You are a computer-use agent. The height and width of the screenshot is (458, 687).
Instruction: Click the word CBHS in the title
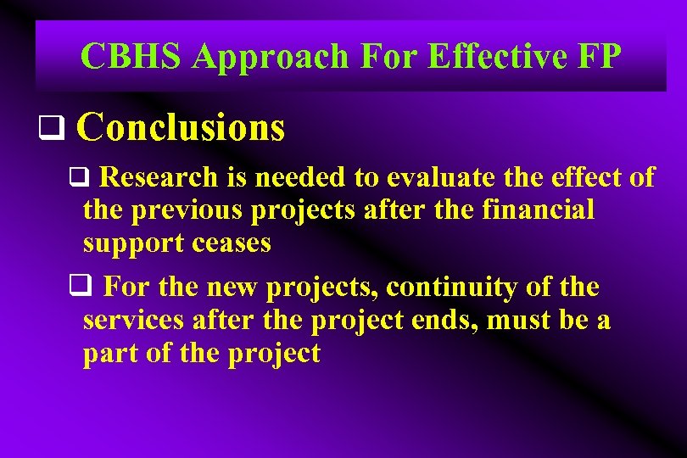[131, 57]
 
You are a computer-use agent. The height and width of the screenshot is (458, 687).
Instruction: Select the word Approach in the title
[270, 57]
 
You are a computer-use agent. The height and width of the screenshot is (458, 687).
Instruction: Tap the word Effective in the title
[470, 57]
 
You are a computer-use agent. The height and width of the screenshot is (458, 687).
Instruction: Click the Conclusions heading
[181, 127]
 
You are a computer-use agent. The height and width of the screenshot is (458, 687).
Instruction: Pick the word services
[135, 321]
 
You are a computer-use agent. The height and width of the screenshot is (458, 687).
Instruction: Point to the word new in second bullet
[232, 288]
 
